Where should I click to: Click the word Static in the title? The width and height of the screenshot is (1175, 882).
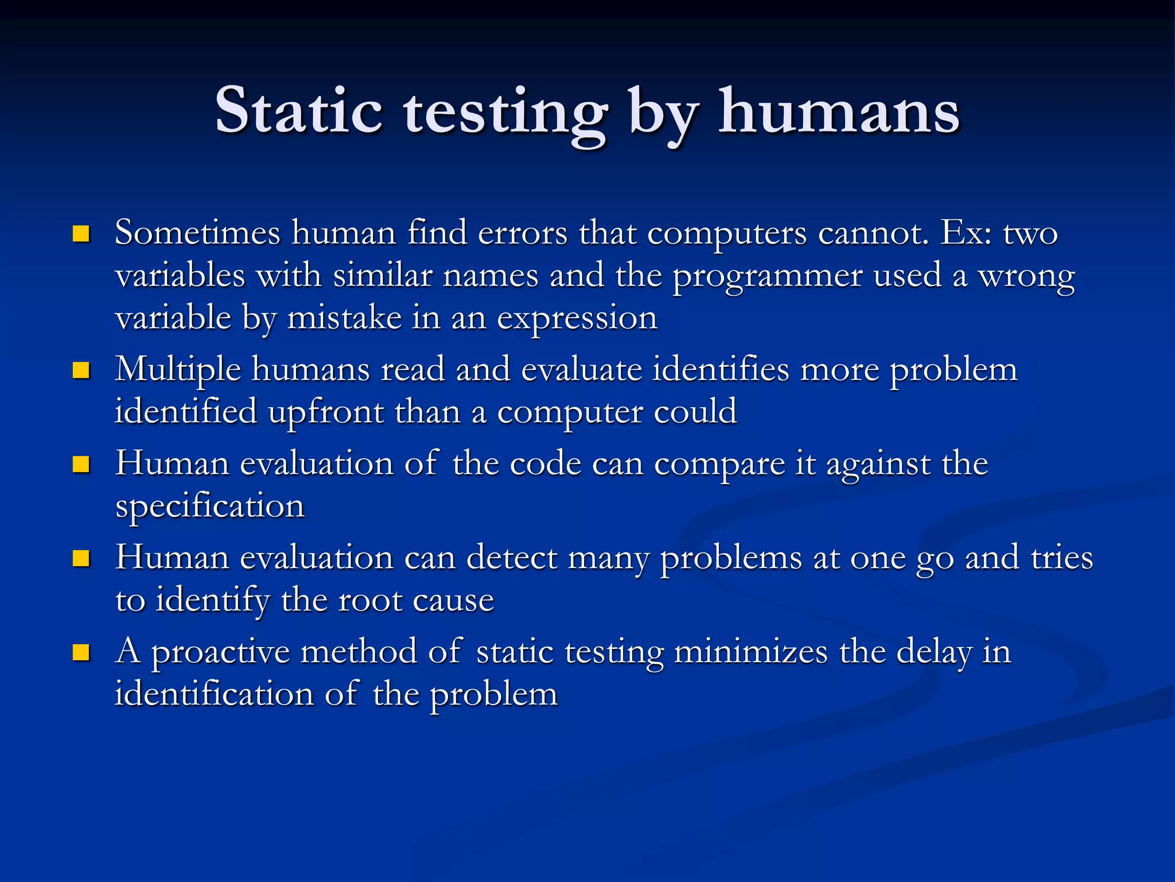point(298,110)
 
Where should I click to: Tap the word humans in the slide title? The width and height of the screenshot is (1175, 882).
point(839,110)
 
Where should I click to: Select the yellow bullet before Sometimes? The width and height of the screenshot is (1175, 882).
point(81,234)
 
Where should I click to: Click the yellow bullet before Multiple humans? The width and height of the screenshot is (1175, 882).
point(81,370)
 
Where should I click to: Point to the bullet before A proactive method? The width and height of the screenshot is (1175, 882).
point(81,652)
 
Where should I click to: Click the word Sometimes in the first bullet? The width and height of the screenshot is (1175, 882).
point(197,233)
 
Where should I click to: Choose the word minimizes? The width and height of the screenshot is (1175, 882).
point(750,652)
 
